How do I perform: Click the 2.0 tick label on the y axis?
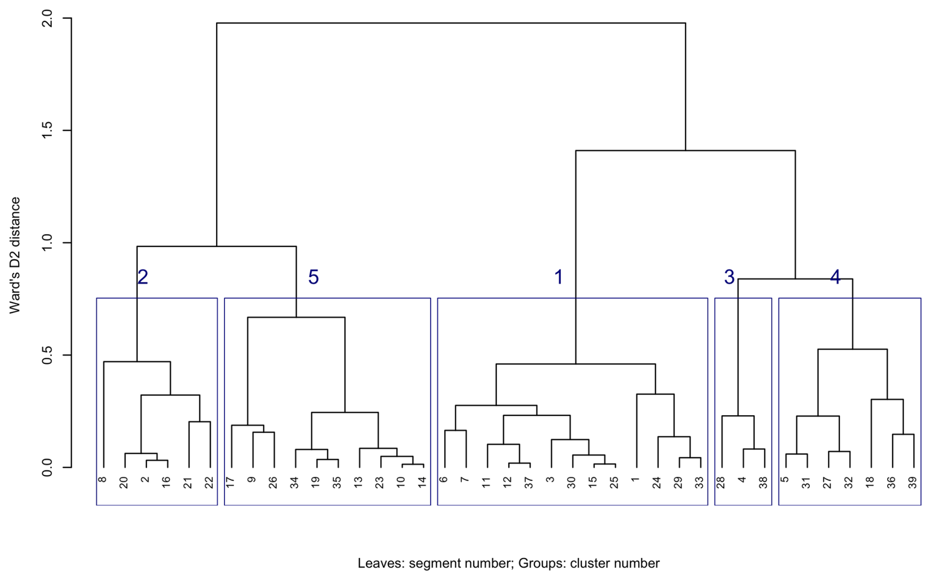pyautogui.click(x=47, y=19)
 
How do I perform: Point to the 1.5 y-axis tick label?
pyautogui.click(x=47, y=130)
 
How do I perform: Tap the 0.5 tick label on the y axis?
pyautogui.click(x=47, y=355)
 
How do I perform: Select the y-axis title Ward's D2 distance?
pyautogui.click(x=15, y=255)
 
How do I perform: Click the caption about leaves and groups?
pyautogui.click(x=508, y=563)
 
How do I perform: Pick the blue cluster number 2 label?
pyautogui.click(x=143, y=277)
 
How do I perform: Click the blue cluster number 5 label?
pyautogui.click(x=313, y=277)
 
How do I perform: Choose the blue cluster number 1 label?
pyautogui.click(x=559, y=277)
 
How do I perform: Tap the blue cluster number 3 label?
pyautogui.click(x=729, y=277)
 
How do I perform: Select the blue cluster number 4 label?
pyautogui.click(x=835, y=277)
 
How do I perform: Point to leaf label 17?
pyautogui.click(x=231, y=482)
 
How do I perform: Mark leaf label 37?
pyautogui.click(x=529, y=483)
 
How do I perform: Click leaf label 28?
pyautogui.click(x=721, y=483)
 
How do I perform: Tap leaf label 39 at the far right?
pyautogui.click(x=913, y=483)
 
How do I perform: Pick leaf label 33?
pyautogui.click(x=700, y=483)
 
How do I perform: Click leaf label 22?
pyautogui.click(x=210, y=483)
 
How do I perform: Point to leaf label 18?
pyautogui.click(x=870, y=483)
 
